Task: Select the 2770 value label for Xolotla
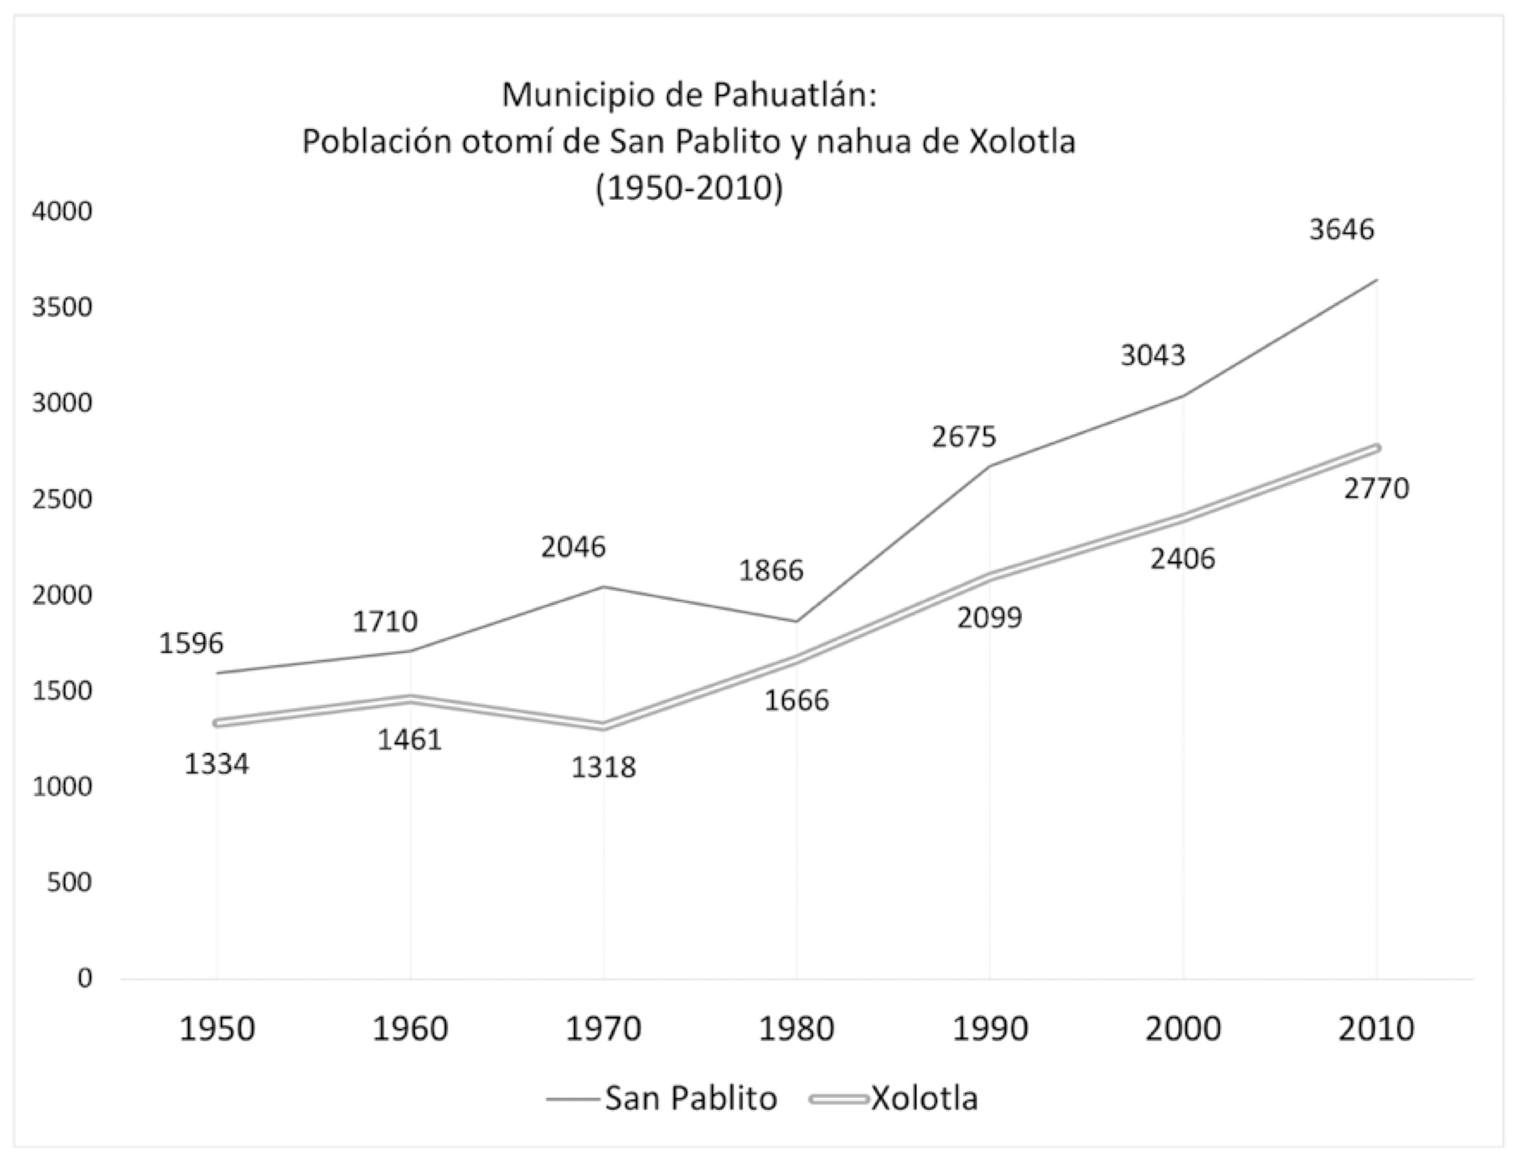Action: click(x=1376, y=489)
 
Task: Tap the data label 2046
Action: click(x=573, y=547)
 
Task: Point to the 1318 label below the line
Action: click(x=603, y=768)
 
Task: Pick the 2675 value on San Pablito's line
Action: click(x=964, y=437)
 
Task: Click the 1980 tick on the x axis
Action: click(x=796, y=1029)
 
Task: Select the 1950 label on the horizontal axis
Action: click(x=217, y=1029)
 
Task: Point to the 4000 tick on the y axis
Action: click(x=62, y=212)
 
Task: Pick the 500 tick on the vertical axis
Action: click(x=69, y=882)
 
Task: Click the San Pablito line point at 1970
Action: click(x=604, y=587)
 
